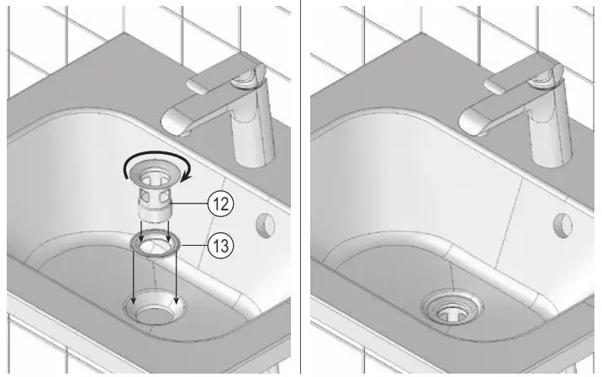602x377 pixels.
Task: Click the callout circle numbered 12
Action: tap(220, 203)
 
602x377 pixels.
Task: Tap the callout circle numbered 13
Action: tap(220, 246)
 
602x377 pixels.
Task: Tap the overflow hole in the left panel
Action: tap(265, 224)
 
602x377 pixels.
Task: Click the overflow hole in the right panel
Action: tap(562, 224)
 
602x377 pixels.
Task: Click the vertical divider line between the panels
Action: tap(300, 188)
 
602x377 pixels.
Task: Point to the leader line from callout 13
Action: tap(193, 246)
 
